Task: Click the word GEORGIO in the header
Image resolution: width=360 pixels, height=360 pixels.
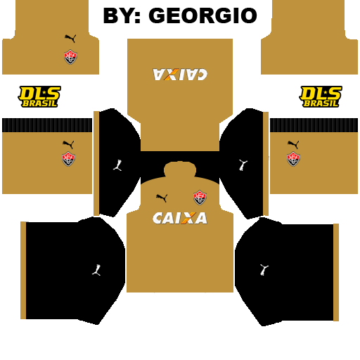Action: pyautogui.click(x=203, y=15)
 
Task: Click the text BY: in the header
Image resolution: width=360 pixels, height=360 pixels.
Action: pyautogui.click(x=122, y=15)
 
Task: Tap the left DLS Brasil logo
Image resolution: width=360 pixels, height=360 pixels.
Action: pyautogui.click(x=39, y=96)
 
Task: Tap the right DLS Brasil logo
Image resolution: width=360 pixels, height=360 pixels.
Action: pyautogui.click(x=321, y=96)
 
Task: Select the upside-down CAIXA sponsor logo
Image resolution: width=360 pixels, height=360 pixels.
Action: pyautogui.click(x=180, y=75)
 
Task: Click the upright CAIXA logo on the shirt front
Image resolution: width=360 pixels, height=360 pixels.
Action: pyautogui.click(x=180, y=218)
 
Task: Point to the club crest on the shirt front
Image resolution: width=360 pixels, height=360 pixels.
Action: pyautogui.click(x=200, y=198)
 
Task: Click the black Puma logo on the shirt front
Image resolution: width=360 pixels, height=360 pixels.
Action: pyautogui.click(x=162, y=198)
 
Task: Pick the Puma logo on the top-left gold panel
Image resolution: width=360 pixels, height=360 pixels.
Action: pyautogui.click(x=70, y=39)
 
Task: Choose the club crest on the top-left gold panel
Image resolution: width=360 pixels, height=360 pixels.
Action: pyautogui.click(x=70, y=57)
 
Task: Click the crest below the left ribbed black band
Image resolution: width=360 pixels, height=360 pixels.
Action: pyautogui.click(x=68, y=159)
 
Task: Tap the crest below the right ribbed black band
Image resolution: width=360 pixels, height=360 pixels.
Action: pyautogui.click(x=293, y=159)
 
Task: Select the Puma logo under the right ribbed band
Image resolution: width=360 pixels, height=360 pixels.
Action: pyautogui.click(x=293, y=144)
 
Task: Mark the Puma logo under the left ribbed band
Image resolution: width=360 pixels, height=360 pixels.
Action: pyautogui.click(x=68, y=144)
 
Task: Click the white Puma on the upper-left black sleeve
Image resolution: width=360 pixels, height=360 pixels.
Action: pyautogui.click(x=117, y=165)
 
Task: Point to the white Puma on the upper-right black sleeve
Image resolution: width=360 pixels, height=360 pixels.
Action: pyautogui.click(x=243, y=165)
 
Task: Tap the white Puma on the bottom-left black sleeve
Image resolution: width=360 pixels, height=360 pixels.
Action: pyautogui.click(x=96, y=270)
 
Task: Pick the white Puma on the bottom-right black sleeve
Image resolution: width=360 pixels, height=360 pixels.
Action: pyautogui.click(x=264, y=270)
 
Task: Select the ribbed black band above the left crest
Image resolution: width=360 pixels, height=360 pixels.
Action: pyautogui.click(x=47, y=125)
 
